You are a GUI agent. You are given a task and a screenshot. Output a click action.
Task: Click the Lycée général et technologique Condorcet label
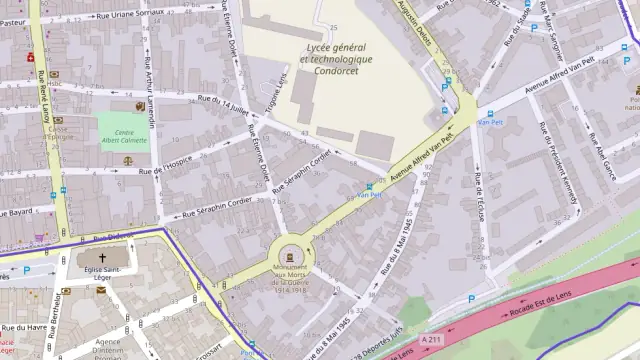(x=336, y=59)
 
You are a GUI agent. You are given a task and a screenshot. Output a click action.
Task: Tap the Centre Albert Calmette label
(x=125, y=136)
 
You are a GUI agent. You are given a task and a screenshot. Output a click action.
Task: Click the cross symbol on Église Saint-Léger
(x=101, y=258)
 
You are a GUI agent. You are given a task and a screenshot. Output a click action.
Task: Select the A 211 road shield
(x=431, y=340)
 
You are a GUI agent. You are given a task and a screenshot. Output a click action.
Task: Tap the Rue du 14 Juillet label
(x=222, y=103)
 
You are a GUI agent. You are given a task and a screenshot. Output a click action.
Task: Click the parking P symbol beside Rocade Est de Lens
(x=472, y=297)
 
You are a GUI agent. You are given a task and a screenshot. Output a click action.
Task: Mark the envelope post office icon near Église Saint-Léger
(x=101, y=290)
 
